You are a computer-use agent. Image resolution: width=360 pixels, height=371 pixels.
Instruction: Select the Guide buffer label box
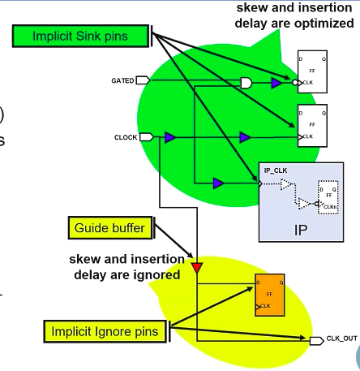[109, 228]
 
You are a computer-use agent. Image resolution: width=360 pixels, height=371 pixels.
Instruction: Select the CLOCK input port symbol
[146, 137]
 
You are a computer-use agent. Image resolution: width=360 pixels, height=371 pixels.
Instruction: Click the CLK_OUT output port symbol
[316, 339]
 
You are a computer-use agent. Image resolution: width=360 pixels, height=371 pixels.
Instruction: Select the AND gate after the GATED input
[246, 82]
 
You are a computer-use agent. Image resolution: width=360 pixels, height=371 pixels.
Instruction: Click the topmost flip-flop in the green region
[312, 71]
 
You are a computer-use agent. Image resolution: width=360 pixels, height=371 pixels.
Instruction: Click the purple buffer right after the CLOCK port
[169, 137]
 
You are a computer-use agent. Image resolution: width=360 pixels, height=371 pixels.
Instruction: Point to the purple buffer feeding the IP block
[218, 183]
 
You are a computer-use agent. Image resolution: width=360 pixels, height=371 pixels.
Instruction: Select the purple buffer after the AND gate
[276, 83]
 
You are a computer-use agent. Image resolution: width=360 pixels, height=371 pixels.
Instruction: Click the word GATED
[122, 80]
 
